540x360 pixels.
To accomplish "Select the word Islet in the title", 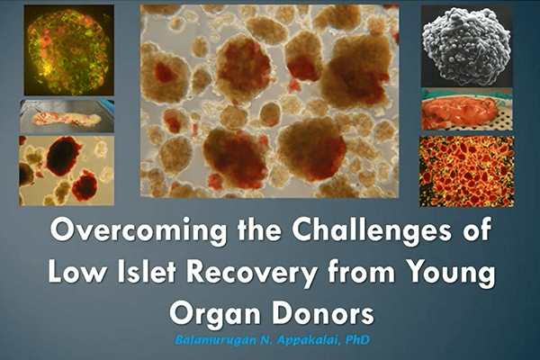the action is tap(147, 272).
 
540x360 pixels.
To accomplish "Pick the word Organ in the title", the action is tap(215, 315).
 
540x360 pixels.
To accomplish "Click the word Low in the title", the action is tap(77, 272).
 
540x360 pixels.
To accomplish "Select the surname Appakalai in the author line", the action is tap(305, 340).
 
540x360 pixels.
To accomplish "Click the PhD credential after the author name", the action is tap(356, 340).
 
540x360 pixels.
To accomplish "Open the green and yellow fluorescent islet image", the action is tap(69, 50).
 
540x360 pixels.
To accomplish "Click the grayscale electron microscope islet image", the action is tap(466, 46).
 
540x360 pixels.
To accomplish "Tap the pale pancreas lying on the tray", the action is tap(67, 119).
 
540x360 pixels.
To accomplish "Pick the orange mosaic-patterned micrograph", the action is tap(466, 171).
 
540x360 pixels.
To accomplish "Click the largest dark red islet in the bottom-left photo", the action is tap(63, 156).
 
